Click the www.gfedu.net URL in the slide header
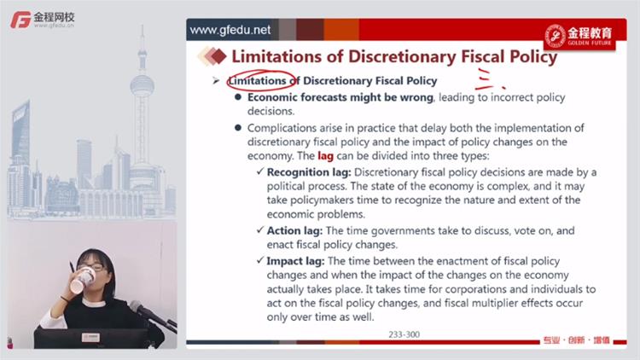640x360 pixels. tap(230, 30)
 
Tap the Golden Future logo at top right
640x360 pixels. tap(579, 36)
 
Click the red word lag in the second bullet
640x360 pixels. tap(325, 156)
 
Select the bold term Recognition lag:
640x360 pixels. tap(309, 172)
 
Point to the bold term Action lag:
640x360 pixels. tap(294, 230)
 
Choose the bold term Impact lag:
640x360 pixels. tap(295, 261)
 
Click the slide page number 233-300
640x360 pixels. tap(404, 334)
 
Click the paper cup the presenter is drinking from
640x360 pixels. tap(83, 279)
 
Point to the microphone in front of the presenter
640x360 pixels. tap(150, 313)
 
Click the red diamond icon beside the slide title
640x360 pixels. tap(219, 56)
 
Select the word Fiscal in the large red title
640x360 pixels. tap(485, 56)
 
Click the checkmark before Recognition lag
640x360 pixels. tap(260, 171)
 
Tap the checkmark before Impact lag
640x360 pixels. tap(260, 260)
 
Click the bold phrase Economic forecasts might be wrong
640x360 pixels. tap(340, 97)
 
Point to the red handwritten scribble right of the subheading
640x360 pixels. tap(490, 78)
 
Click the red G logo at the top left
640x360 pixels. tap(20, 20)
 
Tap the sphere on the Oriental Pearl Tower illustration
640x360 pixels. tap(142, 85)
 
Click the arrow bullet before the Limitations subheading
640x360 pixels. tap(216, 81)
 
